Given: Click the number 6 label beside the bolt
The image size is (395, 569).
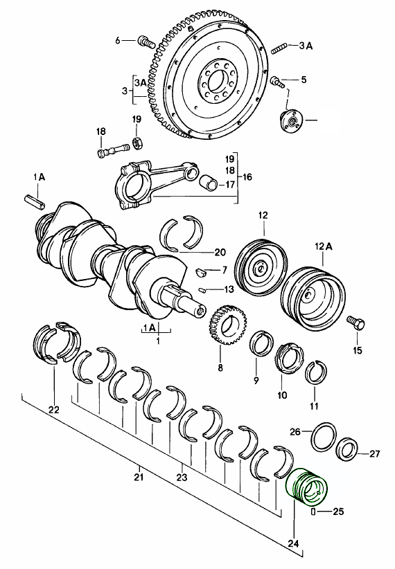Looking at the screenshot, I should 119,41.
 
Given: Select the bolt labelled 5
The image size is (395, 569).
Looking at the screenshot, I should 277,82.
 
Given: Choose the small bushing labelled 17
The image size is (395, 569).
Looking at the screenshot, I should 208,184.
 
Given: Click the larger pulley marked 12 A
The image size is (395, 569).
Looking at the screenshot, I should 314,295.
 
